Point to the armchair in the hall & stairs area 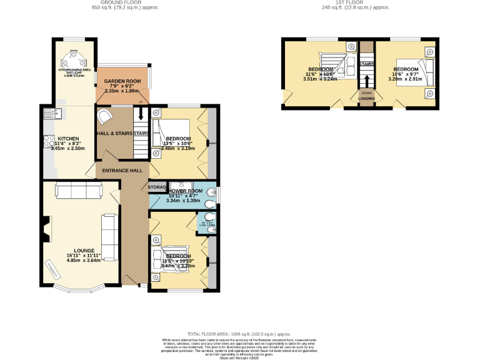[x=105, y=117]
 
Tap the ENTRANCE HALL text [x=122, y=171]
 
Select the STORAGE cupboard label [x=157, y=187]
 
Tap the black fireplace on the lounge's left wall [x=46, y=229]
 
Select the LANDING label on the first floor [x=366, y=98]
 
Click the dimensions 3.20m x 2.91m [x=405, y=79]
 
